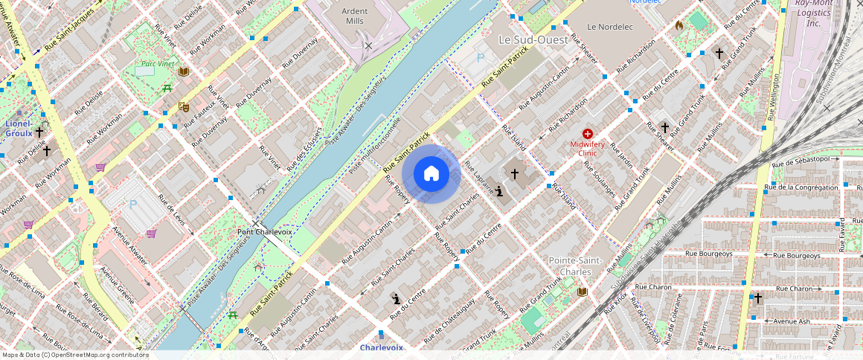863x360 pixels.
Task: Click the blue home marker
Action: point(431,174)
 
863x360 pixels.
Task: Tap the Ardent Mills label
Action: point(355,16)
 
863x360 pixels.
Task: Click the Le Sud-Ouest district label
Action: point(533,39)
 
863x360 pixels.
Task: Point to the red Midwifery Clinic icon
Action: point(588,133)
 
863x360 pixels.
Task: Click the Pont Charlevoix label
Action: point(265,231)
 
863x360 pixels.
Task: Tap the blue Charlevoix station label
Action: point(381,347)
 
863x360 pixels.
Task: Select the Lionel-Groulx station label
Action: point(19,128)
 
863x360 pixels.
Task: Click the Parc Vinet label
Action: point(157,64)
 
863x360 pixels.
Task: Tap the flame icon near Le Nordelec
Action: point(678,25)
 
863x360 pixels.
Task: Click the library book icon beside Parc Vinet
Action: point(184,71)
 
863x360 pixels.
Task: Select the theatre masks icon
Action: point(183,107)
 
